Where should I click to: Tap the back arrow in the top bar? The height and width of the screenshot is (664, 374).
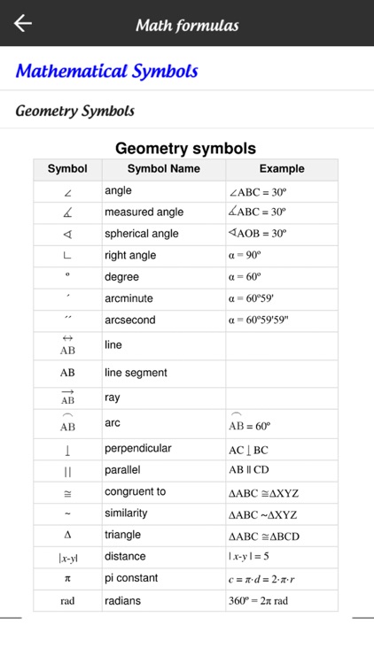[x=23, y=24]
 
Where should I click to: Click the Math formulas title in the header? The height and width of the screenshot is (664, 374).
[x=187, y=25]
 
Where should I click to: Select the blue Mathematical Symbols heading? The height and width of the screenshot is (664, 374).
[x=106, y=71]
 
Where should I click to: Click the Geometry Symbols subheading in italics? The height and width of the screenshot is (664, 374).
[x=75, y=112]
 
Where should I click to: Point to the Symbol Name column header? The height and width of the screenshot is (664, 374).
[x=164, y=169]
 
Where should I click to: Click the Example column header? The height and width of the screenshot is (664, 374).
[x=282, y=169]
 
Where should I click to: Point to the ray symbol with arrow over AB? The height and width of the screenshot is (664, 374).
[x=67, y=398]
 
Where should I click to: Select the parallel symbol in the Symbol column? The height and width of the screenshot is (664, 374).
[x=67, y=470]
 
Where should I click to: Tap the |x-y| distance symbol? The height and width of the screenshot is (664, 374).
[x=67, y=558]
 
